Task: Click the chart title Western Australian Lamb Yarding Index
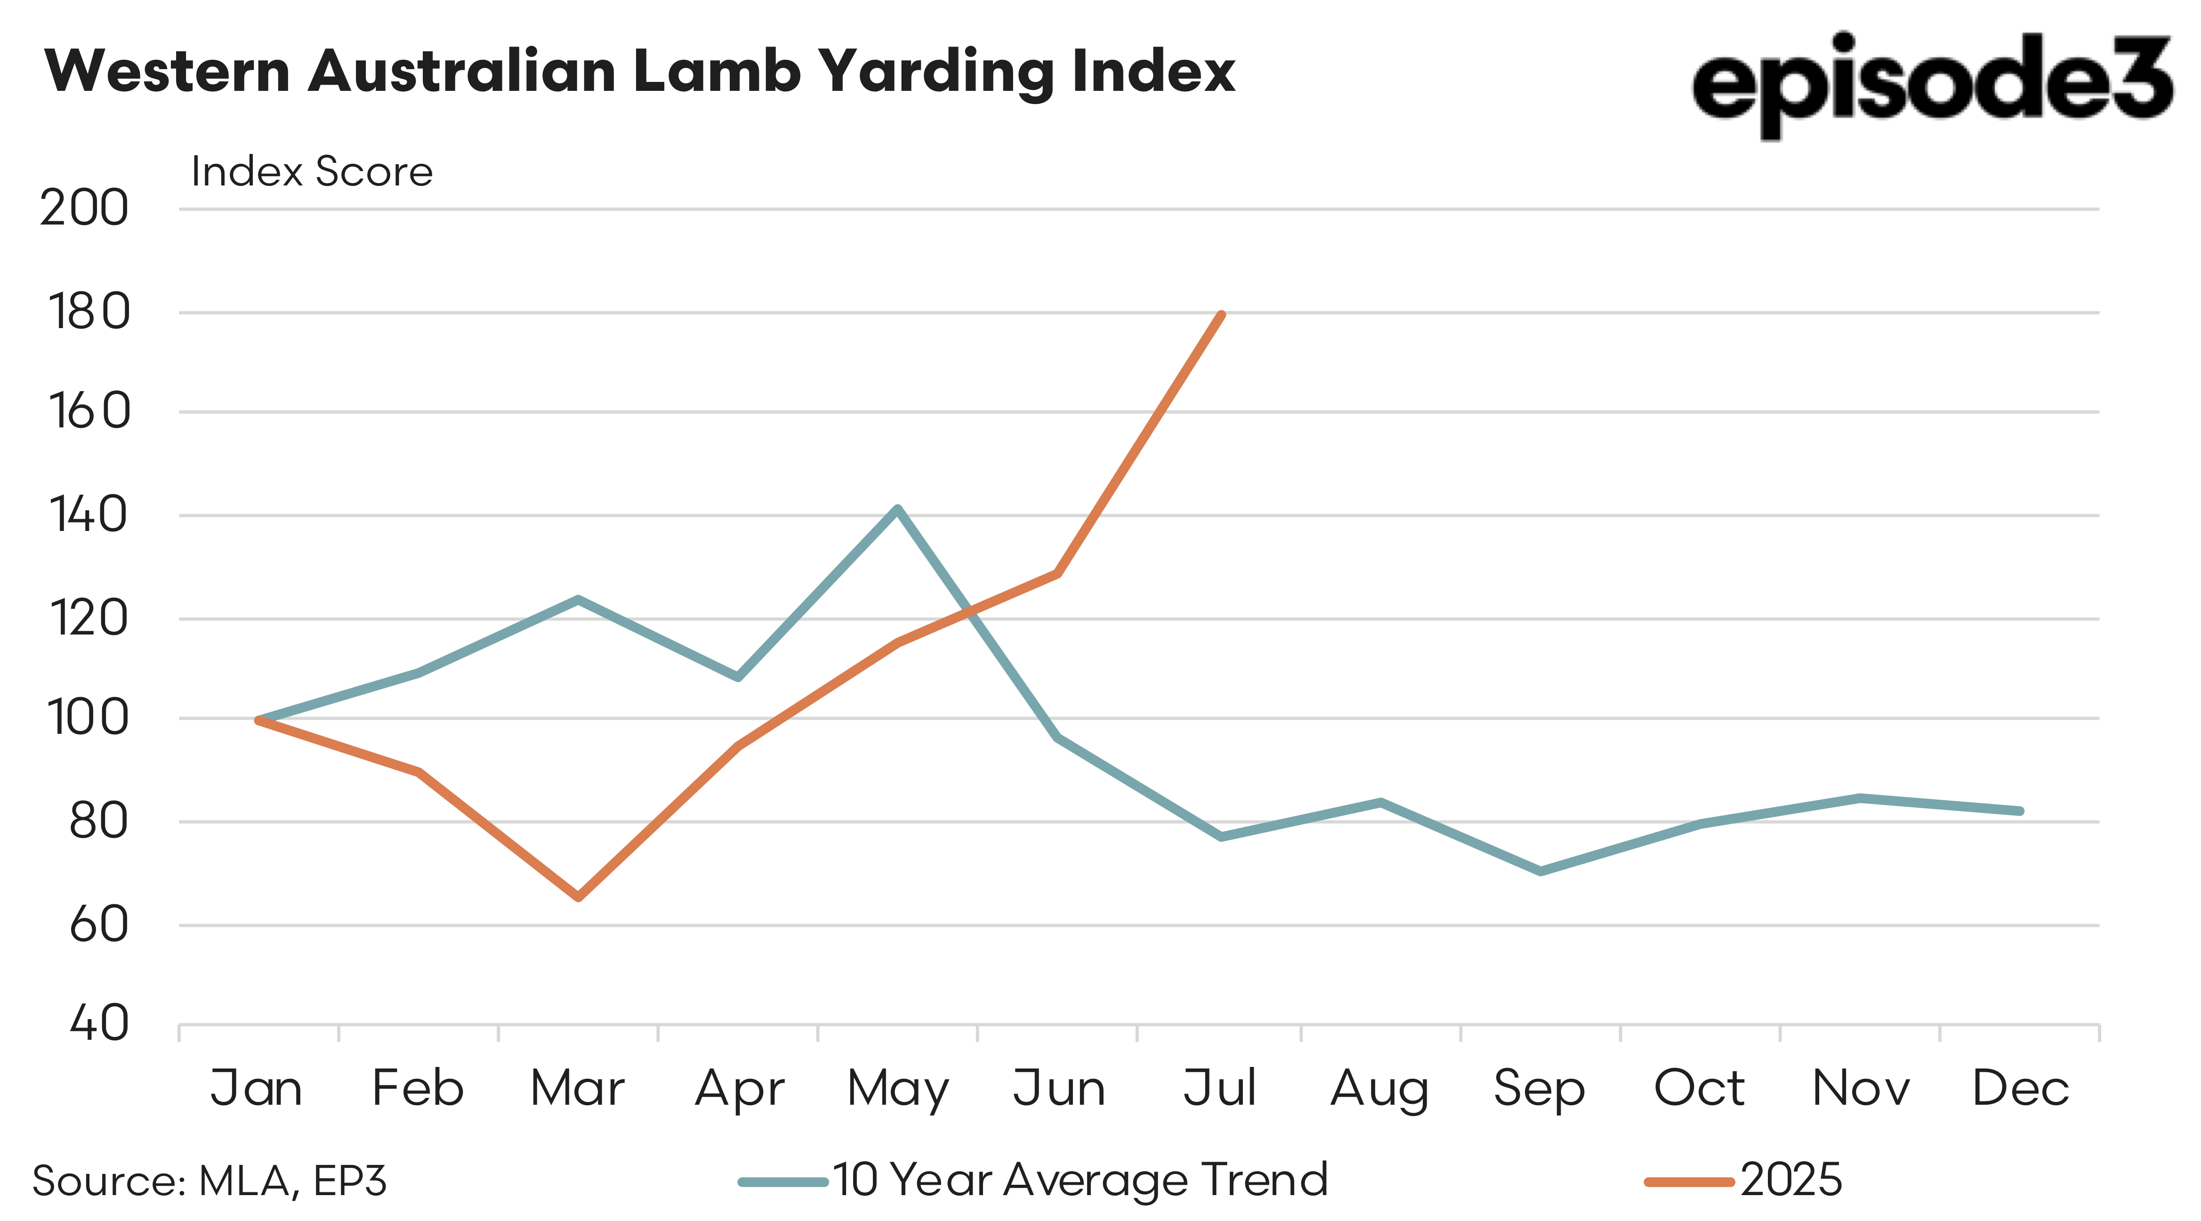pyautogui.click(x=639, y=72)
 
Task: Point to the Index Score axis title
pyautogui.click(x=312, y=172)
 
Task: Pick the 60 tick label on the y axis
pyautogui.click(x=98, y=924)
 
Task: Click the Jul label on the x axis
pyautogui.click(x=1219, y=1089)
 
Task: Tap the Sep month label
pyautogui.click(x=1539, y=1089)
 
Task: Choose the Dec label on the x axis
pyautogui.click(x=2020, y=1089)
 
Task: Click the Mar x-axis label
pyautogui.click(x=578, y=1089)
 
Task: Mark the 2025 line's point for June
pyautogui.click(x=1058, y=573)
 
